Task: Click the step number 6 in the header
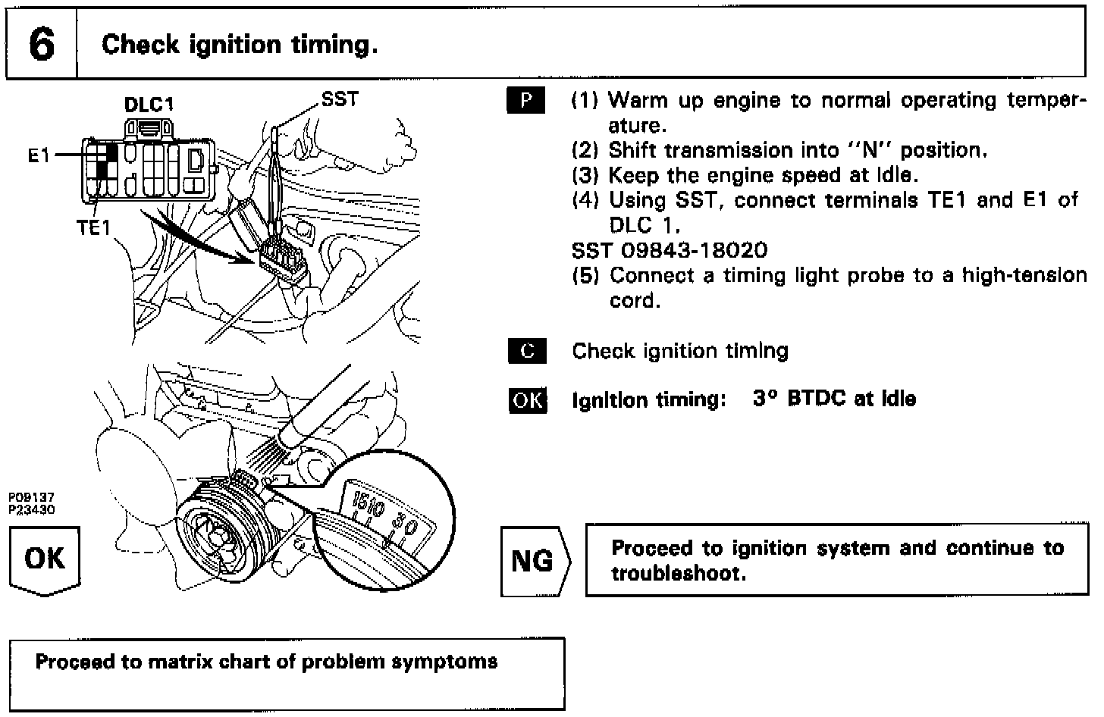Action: click(x=42, y=45)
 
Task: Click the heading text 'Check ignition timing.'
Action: click(x=240, y=45)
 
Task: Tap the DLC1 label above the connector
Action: click(x=149, y=105)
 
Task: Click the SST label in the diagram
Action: click(x=339, y=99)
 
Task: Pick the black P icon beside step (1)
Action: click(x=525, y=101)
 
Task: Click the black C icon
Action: click(x=525, y=351)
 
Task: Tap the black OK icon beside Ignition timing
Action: click(x=526, y=399)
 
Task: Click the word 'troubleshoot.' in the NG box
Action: click(x=679, y=573)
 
